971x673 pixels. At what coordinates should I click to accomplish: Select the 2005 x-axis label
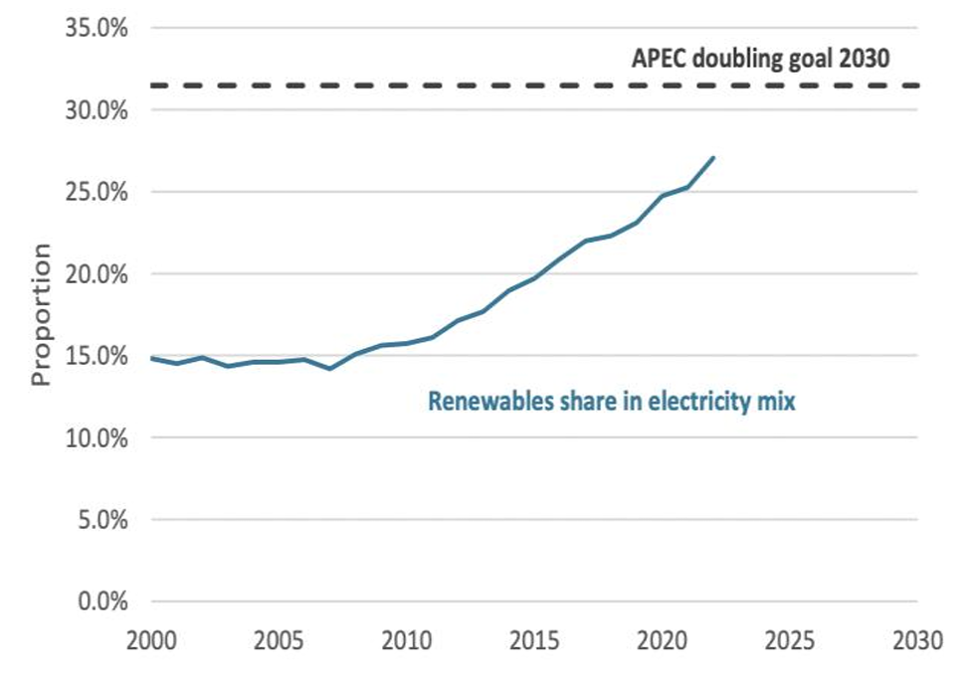click(280, 639)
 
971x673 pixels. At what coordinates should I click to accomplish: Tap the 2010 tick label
click(407, 639)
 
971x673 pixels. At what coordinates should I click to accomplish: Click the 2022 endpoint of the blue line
click(713, 157)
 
